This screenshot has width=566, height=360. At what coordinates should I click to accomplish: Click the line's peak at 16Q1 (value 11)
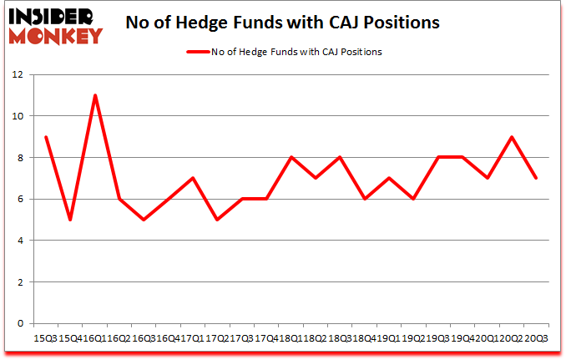pos(95,95)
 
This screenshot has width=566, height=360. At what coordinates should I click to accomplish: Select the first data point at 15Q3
pos(46,137)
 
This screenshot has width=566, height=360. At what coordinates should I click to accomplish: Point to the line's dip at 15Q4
pos(71,220)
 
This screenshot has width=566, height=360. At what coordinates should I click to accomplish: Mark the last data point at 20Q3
pos(535,178)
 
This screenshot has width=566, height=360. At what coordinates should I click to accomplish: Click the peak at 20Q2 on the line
pos(511,137)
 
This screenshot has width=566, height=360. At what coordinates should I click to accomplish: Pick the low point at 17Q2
pos(217,220)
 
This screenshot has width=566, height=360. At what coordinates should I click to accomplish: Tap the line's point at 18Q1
pos(291,157)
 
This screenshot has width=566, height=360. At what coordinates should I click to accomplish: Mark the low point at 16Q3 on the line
pos(144,220)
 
